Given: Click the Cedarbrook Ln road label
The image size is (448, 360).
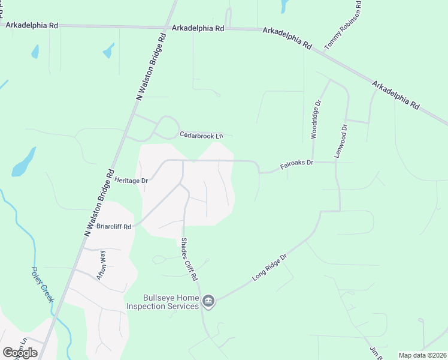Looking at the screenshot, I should [201, 135].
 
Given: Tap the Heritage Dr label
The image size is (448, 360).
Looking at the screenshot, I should [131, 180].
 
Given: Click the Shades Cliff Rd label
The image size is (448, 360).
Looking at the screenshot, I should [189, 259].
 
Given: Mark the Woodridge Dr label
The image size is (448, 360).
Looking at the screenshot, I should [316, 120].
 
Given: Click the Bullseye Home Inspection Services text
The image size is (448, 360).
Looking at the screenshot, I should [162, 302].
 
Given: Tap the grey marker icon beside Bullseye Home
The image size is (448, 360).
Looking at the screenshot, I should [208, 301].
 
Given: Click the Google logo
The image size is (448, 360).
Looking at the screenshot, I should [20, 352].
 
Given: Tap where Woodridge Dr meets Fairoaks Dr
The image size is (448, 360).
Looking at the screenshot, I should [313, 162].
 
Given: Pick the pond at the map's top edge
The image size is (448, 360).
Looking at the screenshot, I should [283, 6].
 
